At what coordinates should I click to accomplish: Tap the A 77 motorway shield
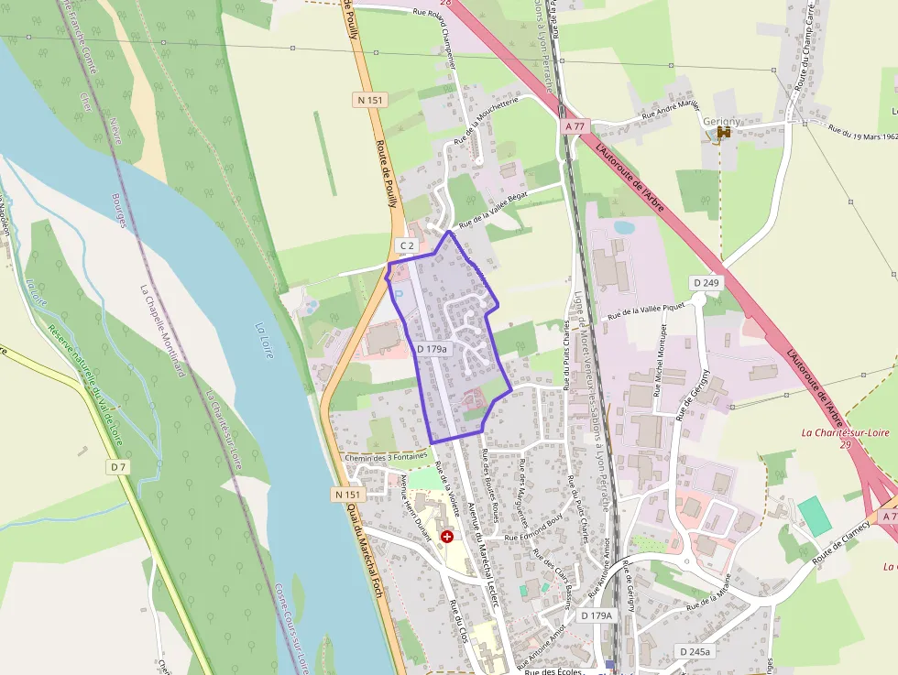click(575, 125)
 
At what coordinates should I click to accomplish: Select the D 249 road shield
click(706, 282)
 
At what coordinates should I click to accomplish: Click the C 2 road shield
click(407, 245)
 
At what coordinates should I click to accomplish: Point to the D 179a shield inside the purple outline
click(433, 349)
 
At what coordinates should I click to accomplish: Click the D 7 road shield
click(117, 467)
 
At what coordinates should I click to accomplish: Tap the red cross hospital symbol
click(446, 536)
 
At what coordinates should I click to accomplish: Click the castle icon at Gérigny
click(724, 134)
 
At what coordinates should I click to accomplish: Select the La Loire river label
click(263, 339)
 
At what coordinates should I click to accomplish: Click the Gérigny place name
click(721, 120)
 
